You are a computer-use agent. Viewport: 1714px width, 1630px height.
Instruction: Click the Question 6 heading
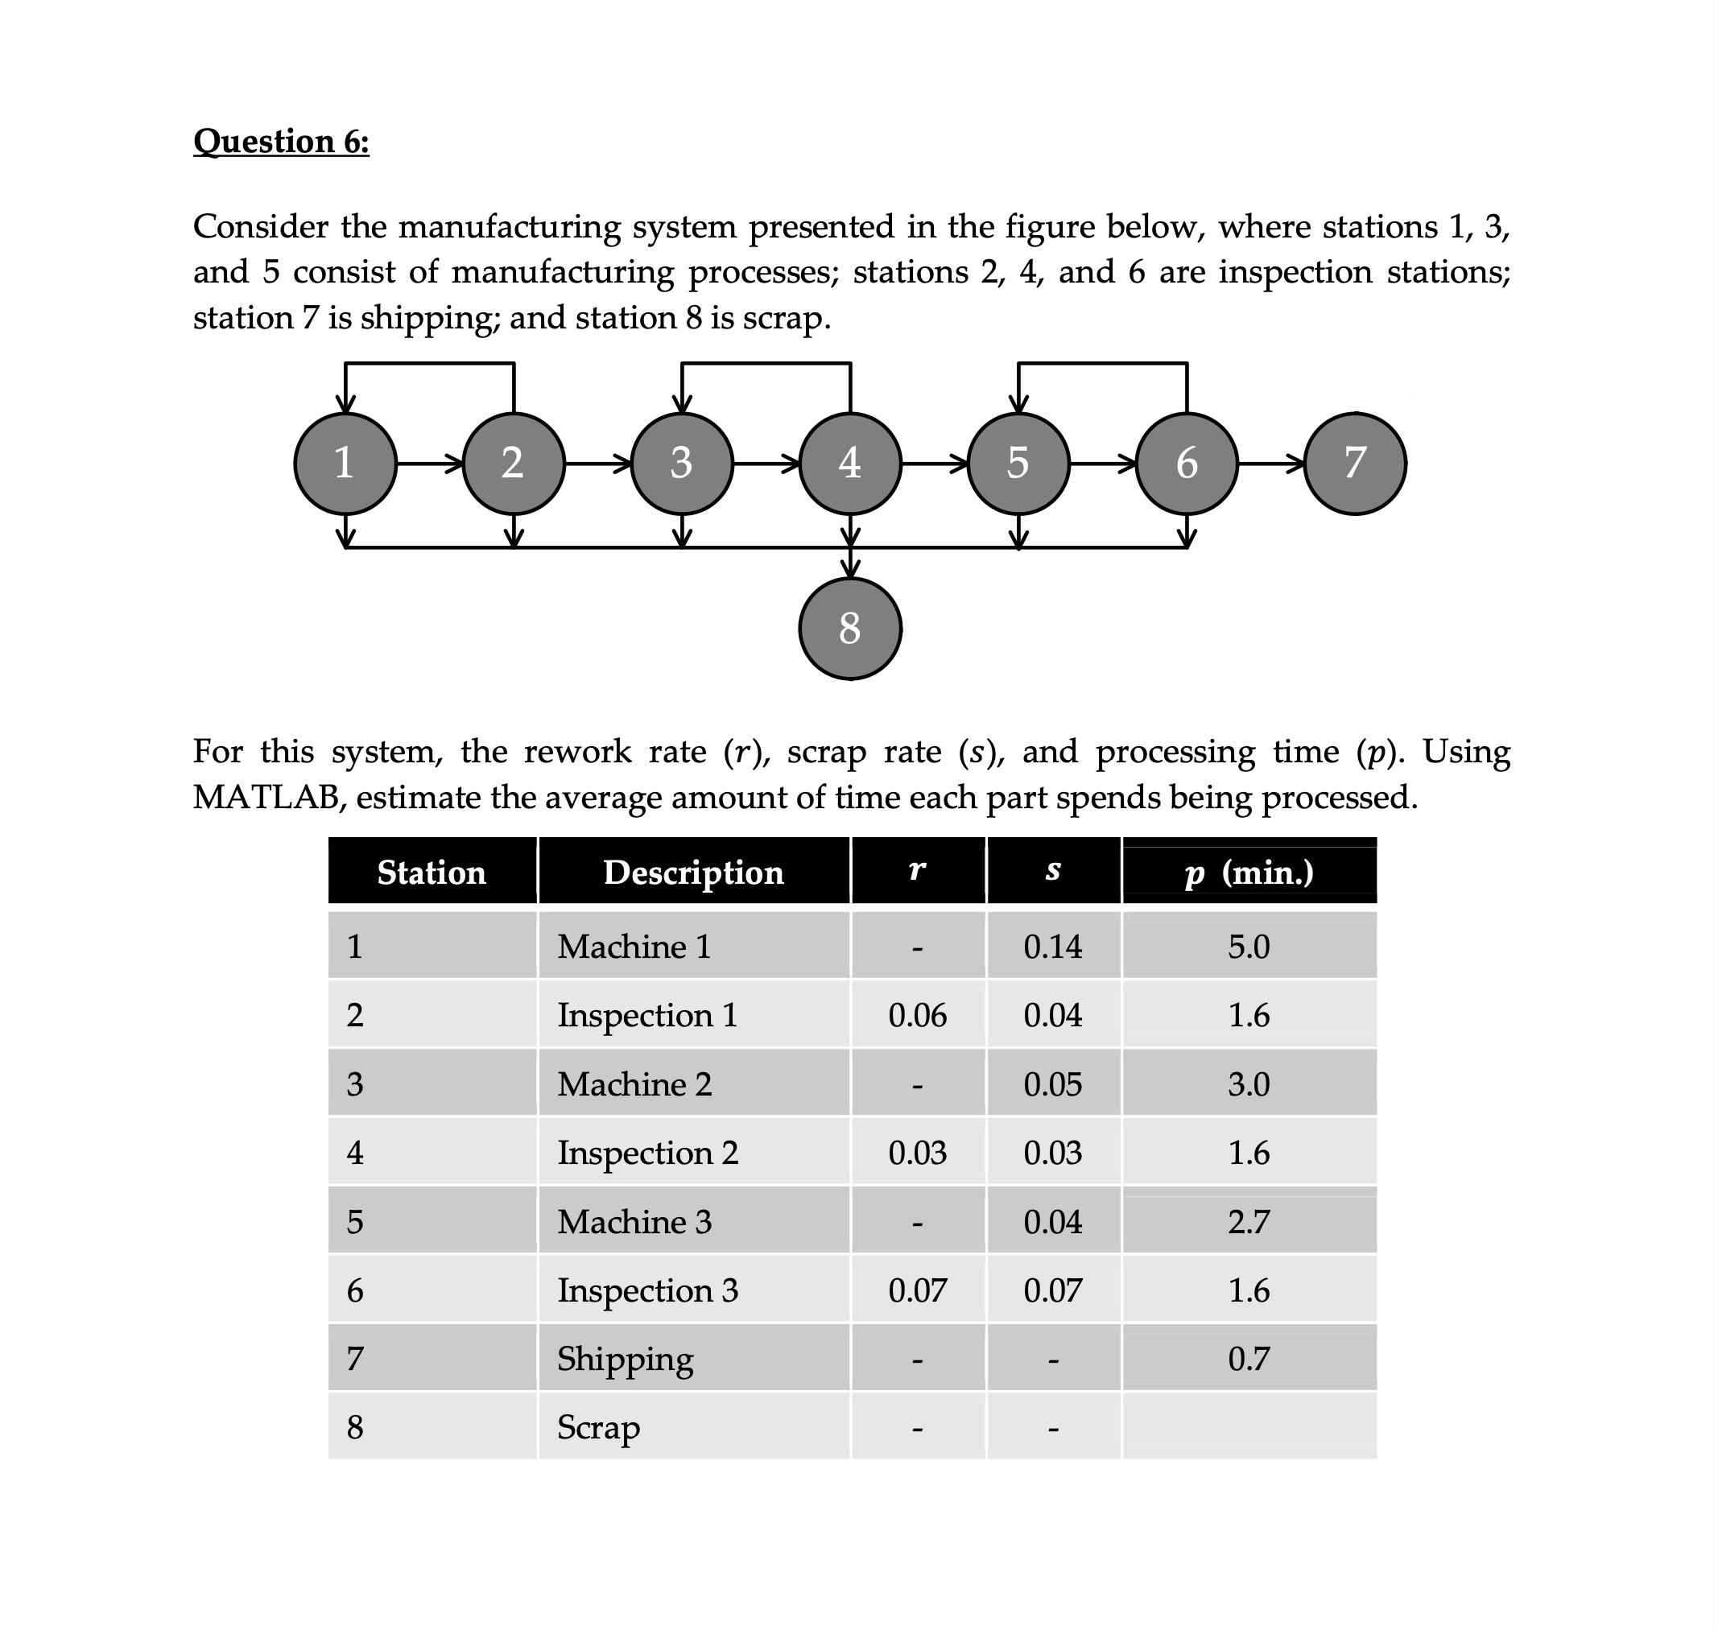281,141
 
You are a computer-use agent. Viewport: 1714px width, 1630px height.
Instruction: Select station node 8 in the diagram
849,628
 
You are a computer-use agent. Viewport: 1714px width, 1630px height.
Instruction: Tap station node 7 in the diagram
1354,463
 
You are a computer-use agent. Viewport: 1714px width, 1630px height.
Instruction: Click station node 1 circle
345,463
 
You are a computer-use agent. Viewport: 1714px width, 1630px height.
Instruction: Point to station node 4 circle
849,463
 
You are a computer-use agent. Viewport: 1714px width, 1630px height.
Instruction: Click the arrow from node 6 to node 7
1270,464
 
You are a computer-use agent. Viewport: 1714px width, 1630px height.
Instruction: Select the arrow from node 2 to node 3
597,464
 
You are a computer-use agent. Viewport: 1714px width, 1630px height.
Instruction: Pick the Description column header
692,873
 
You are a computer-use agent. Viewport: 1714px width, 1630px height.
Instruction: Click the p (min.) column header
1248,873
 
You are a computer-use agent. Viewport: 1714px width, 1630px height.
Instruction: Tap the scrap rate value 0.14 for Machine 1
1052,946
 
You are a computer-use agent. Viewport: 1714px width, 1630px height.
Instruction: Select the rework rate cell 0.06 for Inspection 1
917,1015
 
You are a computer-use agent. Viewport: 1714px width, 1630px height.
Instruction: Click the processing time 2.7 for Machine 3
1248,1222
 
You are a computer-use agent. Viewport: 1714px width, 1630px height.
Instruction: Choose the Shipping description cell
625,1359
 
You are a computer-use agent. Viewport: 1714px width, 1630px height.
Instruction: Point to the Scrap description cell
598,1427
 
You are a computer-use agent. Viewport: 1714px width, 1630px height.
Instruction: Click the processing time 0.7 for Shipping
1248,1359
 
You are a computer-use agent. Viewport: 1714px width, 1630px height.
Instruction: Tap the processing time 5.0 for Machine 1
1248,946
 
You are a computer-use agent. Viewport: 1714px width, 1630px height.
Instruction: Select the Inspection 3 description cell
646,1290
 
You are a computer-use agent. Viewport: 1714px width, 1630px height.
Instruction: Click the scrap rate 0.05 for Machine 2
1052,1084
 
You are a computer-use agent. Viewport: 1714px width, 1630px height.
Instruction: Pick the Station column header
431,873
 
